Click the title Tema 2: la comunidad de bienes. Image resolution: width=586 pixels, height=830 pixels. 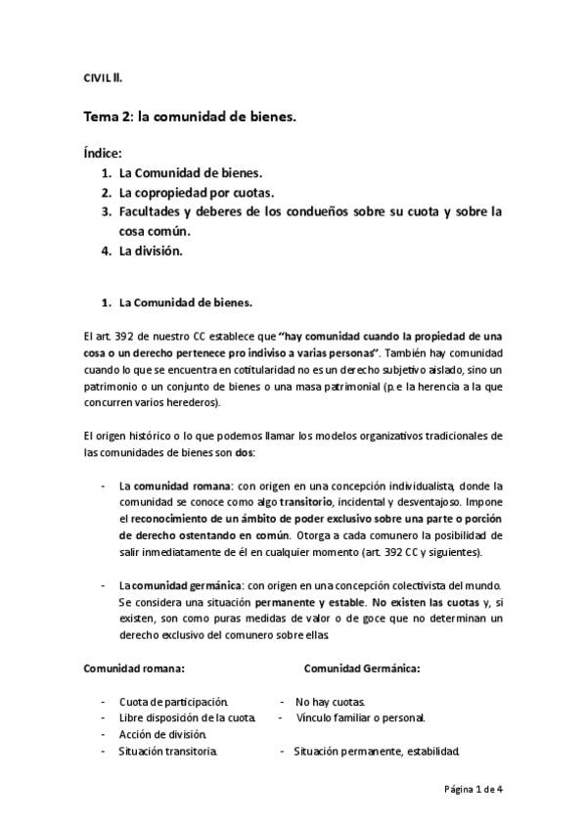click(x=189, y=116)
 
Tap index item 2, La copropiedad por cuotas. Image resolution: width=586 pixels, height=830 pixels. click(x=197, y=192)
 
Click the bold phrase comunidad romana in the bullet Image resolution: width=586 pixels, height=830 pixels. click(x=170, y=485)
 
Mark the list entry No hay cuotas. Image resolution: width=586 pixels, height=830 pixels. click(x=331, y=702)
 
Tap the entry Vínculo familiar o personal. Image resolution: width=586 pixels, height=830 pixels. click(x=361, y=717)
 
